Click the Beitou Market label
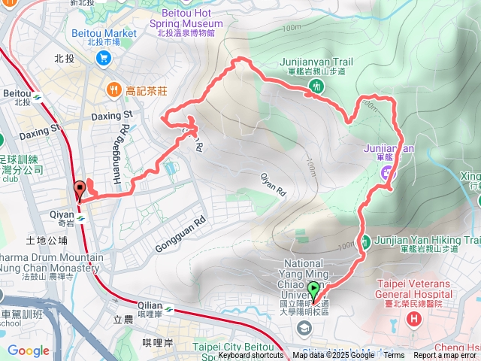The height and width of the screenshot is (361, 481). tap(104, 33)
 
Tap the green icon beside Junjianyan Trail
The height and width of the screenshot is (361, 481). tap(316, 86)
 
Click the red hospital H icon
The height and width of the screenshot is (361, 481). tap(413, 320)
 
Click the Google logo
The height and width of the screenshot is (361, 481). tap(28, 350)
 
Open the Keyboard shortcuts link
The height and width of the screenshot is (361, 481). tap(252, 356)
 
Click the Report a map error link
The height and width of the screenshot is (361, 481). tap(445, 356)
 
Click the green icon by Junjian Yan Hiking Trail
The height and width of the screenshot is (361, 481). tap(365, 241)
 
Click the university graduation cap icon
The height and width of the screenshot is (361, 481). tap(304, 327)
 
